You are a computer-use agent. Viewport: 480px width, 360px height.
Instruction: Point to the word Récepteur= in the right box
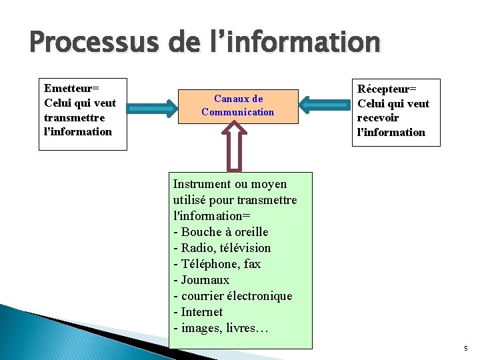click(387, 89)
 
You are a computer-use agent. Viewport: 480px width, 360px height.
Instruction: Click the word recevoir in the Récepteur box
click(378, 118)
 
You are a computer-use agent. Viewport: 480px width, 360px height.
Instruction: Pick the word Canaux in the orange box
click(229, 99)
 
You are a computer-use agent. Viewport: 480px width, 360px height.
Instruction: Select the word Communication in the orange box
click(238, 112)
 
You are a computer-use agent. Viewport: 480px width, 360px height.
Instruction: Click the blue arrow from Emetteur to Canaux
click(153, 104)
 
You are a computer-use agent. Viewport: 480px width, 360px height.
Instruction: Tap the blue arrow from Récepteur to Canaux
click(324, 104)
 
